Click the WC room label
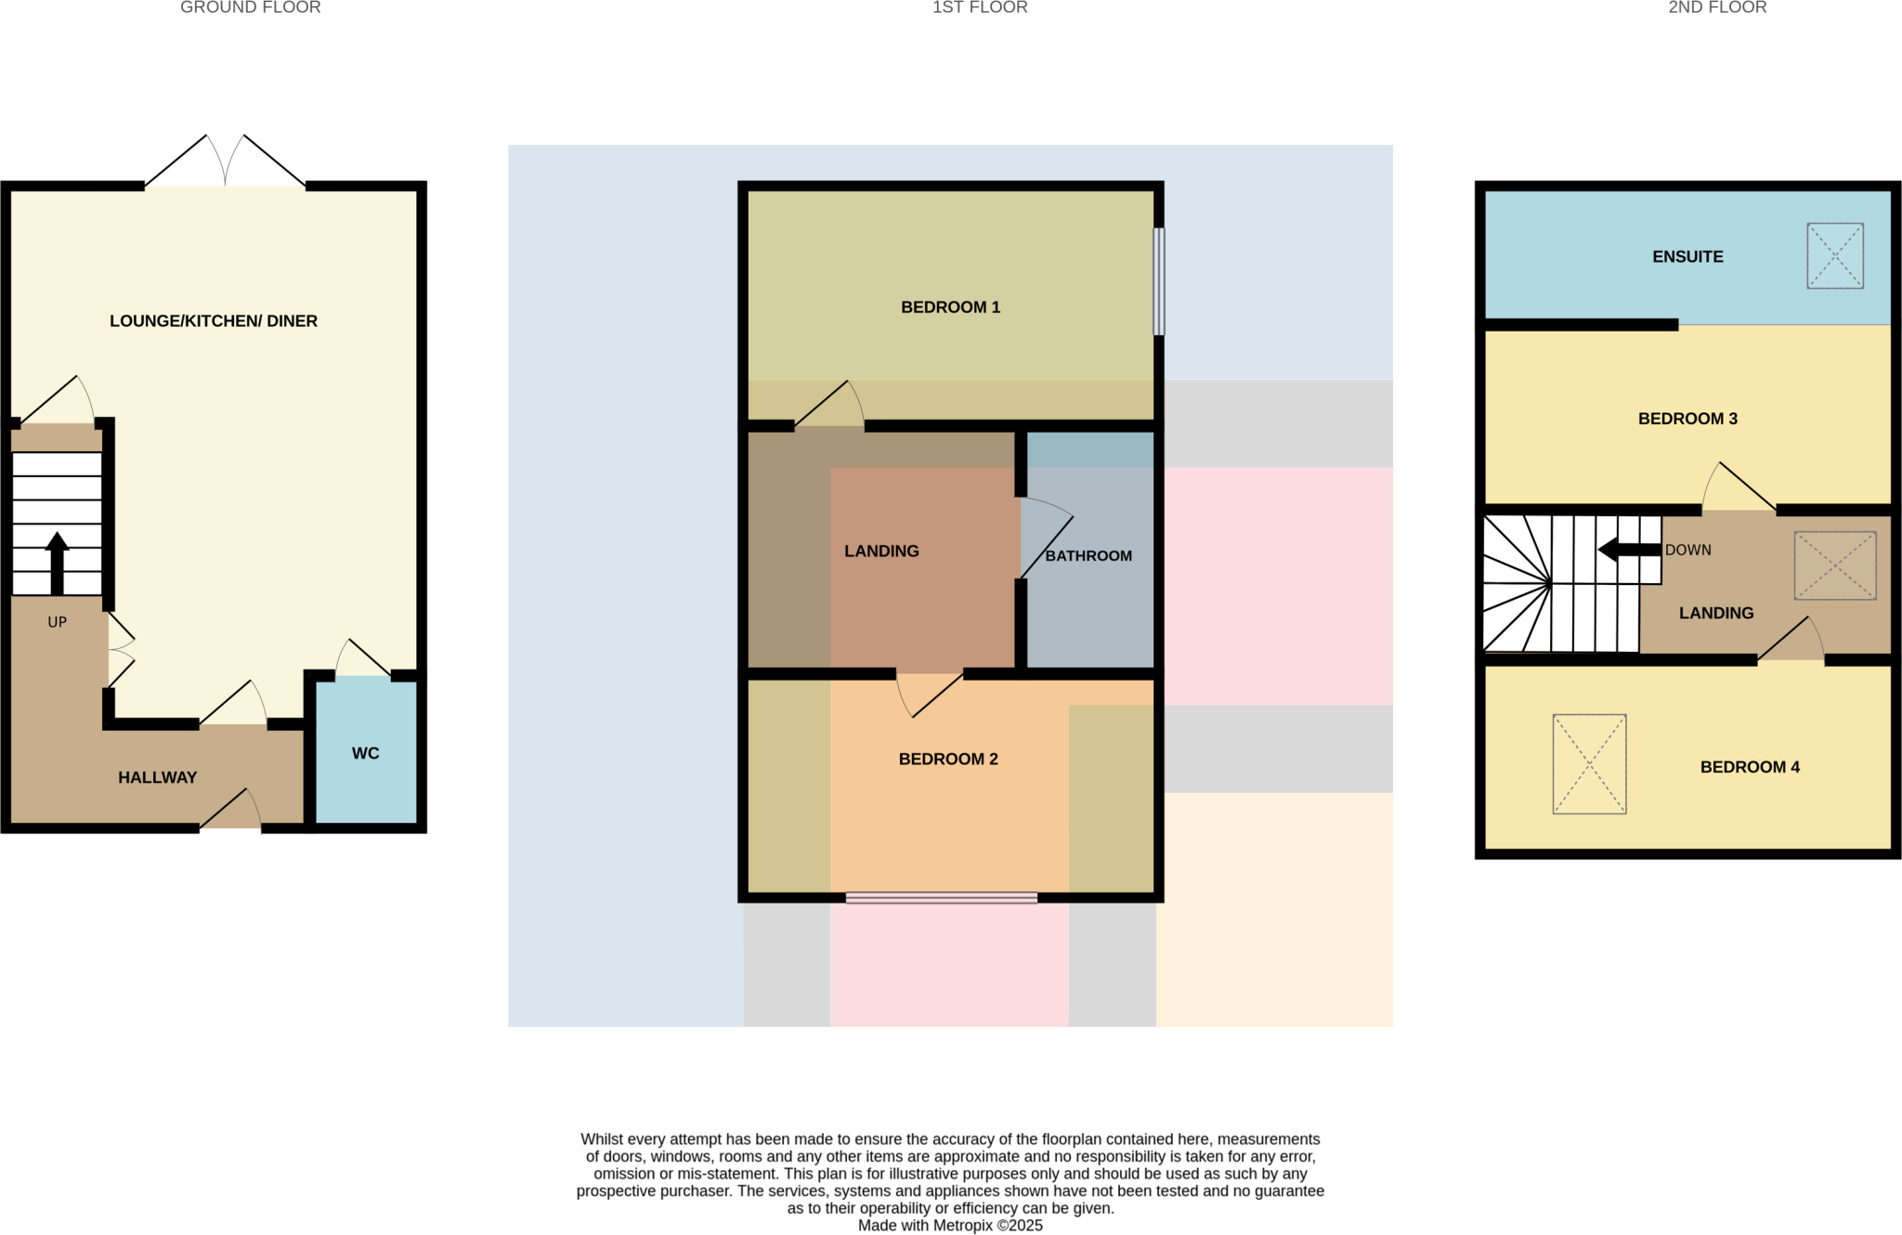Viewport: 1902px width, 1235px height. pyautogui.click(x=365, y=753)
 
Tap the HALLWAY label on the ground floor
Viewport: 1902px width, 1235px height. pyautogui.click(x=157, y=777)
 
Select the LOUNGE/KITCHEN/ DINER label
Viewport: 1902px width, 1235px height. pyautogui.click(x=214, y=321)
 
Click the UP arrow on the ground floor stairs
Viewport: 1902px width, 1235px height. pyautogui.click(x=58, y=562)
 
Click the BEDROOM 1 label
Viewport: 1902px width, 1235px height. pyautogui.click(x=950, y=307)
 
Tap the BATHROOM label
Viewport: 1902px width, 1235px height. pyautogui.click(x=1088, y=556)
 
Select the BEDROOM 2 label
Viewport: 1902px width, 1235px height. pyautogui.click(x=948, y=760)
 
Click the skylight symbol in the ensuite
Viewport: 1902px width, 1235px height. pyautogui.click(x=1834, y=255)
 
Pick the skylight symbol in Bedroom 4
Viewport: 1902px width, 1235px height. pyautogui.click(x=1589, y=763)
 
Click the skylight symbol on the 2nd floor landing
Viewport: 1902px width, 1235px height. pyautogui.click(x=1834, y=565)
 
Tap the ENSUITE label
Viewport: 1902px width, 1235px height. pyautogui.click(x=1687, y=257)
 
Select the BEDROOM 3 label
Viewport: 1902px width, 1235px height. pyautogui.click(x=1687, y=419)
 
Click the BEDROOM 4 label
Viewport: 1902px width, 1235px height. pyautogui.click(x=1750, y=767)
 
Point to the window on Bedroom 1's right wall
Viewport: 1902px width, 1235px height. pyautogui.click(x=1158, y=281)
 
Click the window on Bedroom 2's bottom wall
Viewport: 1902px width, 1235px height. pyautogui.click(x=941, y=898)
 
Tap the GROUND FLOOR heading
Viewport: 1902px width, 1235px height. pyautogui.click(x=251, y=8)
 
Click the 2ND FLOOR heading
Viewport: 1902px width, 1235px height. pyautogui.click(x=1717, y=8)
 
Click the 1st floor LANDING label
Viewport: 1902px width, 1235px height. pyautogui.click(x=881, y=552)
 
